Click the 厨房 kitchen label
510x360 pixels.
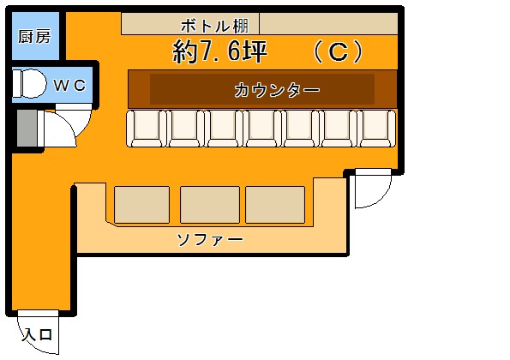click(x=34, y=36)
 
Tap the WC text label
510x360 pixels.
click(x=69, y=85)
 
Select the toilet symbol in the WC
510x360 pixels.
click(x=29, y=84)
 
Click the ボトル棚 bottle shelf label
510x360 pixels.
click(x=215, y=26)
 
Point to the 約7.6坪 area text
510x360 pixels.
click(x=220, y=51)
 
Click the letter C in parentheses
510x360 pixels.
click(x=338, y=51)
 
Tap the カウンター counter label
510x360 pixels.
click(x=277, y=90)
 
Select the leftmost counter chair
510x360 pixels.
click(x=147, y=129)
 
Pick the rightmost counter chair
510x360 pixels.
click(x=376, y=129)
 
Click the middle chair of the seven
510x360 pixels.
click(x=261, y=129)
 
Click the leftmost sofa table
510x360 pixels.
click(x=141, y=205)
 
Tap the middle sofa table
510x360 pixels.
click(x=210, y=205)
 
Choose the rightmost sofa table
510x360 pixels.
click(x=275, y=205)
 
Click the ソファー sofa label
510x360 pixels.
click(x=210, y=240)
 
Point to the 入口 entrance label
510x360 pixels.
click(x=37, y=334)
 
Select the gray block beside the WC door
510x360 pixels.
click(x=27, y=128)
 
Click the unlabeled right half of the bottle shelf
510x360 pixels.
click(x=328, y=23)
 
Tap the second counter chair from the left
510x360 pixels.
click(x=185, y=129)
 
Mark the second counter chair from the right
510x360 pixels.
click(x=338, y=129)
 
